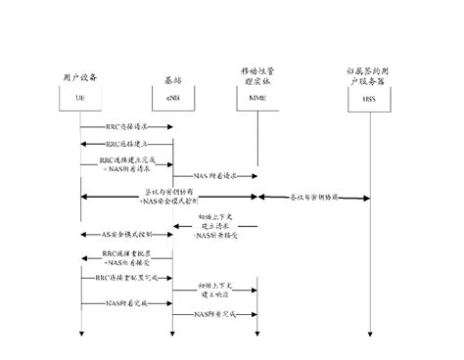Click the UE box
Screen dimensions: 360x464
(79, 100)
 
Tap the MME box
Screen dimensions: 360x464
(256, 100)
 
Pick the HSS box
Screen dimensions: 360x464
(368, 100)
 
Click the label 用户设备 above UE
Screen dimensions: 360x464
(79, 75)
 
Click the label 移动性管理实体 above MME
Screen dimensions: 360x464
(257, 75)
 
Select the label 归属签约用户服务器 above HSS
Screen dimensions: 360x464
(368, 75)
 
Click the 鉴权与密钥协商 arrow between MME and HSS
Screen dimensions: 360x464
(313, 198)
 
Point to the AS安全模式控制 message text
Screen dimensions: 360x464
(126, 235)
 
